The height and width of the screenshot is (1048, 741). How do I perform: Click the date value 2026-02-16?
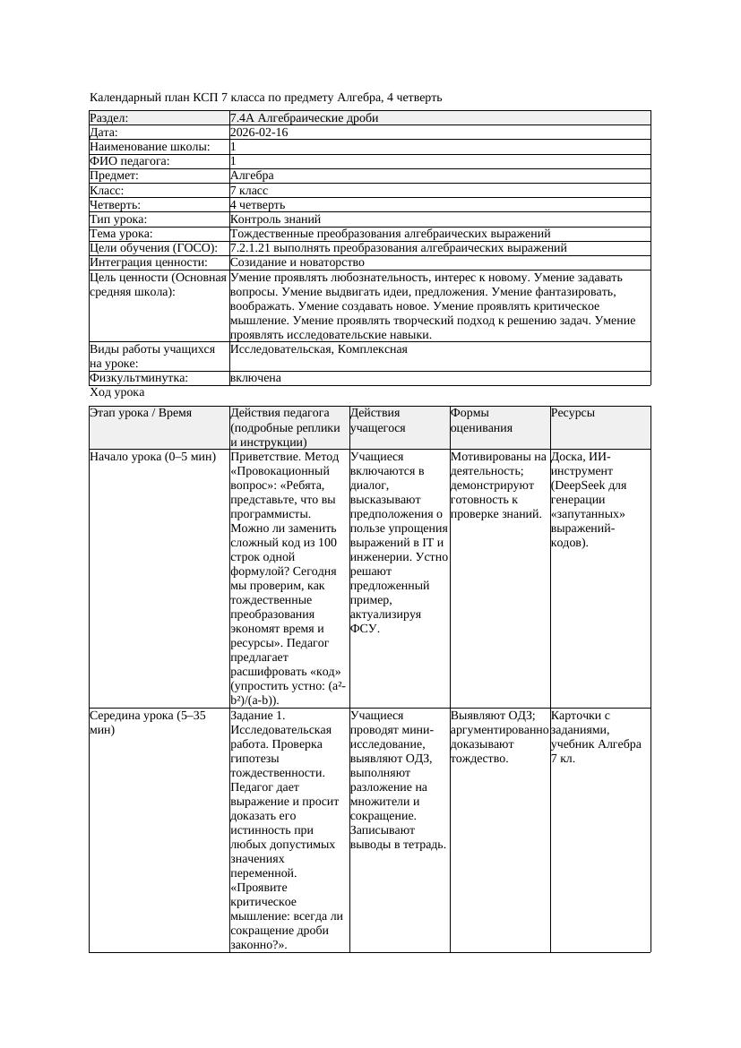pos(259,133)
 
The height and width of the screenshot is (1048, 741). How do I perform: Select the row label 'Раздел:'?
pos(109,118)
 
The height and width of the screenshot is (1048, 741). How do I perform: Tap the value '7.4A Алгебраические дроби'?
pos(304,118)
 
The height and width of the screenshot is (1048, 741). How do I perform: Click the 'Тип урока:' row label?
pos(118,219)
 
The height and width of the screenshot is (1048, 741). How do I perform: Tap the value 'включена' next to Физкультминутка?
pos(255,378)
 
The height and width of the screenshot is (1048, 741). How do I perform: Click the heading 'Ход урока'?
pos(117,392)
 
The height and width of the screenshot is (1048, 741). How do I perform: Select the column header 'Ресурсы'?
pos(573,414)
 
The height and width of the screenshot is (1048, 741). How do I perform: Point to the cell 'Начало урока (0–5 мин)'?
pos(152,457)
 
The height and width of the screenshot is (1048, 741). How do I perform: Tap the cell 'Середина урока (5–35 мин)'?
pos(148,723)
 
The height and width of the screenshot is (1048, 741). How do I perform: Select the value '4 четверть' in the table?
pos(257,205)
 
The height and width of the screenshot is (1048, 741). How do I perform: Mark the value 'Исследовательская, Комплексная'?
pos(318,349)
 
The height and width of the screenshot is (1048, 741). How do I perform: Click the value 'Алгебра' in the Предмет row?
pos(252,176)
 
